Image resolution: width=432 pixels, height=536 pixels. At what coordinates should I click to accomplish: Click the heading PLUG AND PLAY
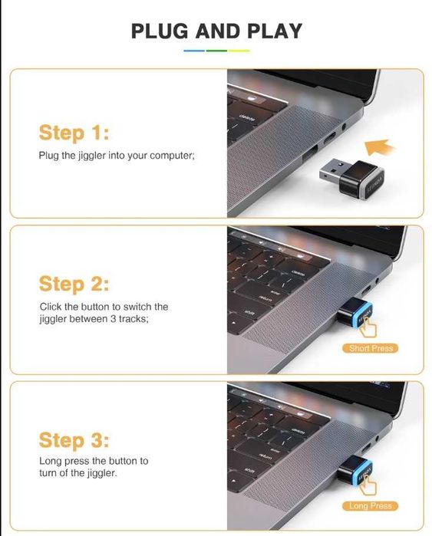(x=216, y=31)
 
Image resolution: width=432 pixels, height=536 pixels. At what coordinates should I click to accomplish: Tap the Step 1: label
(x=74, y=133)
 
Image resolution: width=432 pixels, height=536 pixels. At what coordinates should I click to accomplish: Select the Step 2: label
(x=74, y=284)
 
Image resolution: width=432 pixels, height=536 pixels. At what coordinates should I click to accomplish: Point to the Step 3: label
(x=74, y=440)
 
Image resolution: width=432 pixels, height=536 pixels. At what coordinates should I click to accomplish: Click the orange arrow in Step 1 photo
(x=379, y=148)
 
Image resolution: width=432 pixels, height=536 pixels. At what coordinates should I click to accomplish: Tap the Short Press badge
(x=371, y=348)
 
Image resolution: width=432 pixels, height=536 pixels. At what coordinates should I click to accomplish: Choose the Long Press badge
(x=371, y=505)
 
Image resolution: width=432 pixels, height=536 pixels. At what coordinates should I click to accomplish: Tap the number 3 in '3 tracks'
(x=114, y=318)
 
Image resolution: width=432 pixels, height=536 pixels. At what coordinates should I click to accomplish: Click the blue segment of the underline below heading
(x=194, y=51)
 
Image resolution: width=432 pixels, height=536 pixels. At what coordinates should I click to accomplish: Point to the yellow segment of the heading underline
(x=239, y=51)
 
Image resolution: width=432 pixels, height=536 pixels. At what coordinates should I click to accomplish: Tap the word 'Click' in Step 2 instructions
(x=51, y=306)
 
